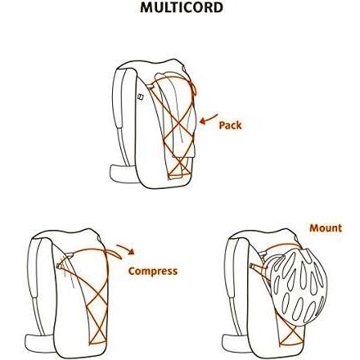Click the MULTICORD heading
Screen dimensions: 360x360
[x=182, y=7]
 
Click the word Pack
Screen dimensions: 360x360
[x=231, y=125]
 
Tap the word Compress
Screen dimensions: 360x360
[x=153, y=271]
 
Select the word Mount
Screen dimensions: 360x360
[x=326, y=228]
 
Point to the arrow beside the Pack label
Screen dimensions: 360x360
[x=208, y=119]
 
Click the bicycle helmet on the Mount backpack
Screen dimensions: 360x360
[x=299, y=288]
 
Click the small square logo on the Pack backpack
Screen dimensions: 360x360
[x=141, y=97]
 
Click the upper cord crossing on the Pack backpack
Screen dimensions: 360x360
[x=179, y=124]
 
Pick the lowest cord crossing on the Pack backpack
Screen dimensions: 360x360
[x=180, y=164]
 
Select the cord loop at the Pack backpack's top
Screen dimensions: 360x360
[x=193, y=88]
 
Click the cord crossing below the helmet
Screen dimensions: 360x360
[x=292, y=333]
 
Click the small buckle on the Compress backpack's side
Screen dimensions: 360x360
[x=59, y=265]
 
